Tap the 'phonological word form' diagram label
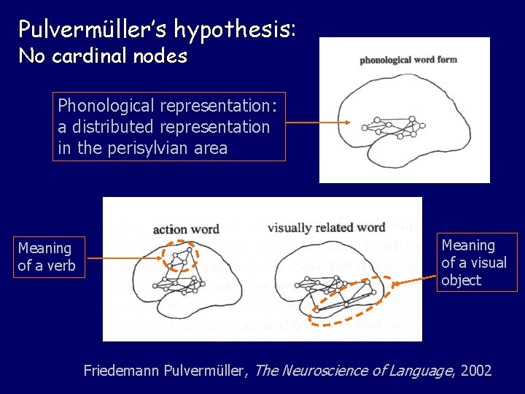pyautogui.click(x=408, y=59)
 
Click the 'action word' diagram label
pyautogui.click(x=186, y=229)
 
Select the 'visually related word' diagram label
pyautogui.click(x=326, y=228)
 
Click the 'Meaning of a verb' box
pyautogui.click(x=46, y=257)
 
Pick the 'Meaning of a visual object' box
pyautogui.click(x=476, y=263)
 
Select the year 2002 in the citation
pyautogui.click(x=477, y=371)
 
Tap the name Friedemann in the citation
pyautogui.click(x=121, y=371)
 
